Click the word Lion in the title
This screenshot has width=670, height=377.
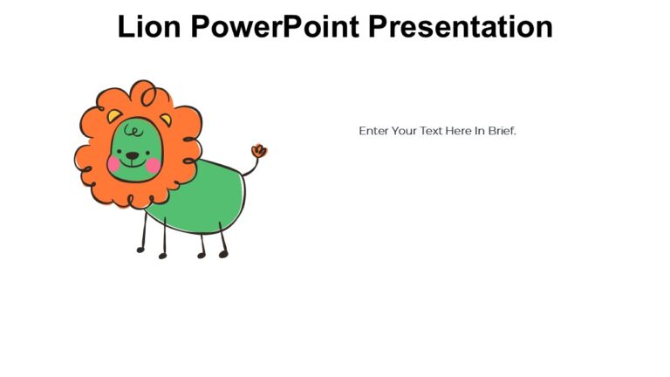point(149,27)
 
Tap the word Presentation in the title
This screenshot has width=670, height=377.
point(460,27)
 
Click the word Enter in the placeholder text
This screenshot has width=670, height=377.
point(373,131)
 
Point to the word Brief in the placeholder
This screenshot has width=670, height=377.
point(502,131)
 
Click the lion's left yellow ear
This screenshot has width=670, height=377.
point(114,116)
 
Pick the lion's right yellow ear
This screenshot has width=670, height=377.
point(165,119)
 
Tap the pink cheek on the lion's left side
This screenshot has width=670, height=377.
point(114,163)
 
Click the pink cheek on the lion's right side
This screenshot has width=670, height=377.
point(154,164)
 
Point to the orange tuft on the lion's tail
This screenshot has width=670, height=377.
point(258,151)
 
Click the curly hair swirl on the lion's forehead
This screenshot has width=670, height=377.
point(133,131)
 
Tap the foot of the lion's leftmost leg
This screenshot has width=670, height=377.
point(140,250)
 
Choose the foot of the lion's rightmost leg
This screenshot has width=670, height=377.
point(223,254)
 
